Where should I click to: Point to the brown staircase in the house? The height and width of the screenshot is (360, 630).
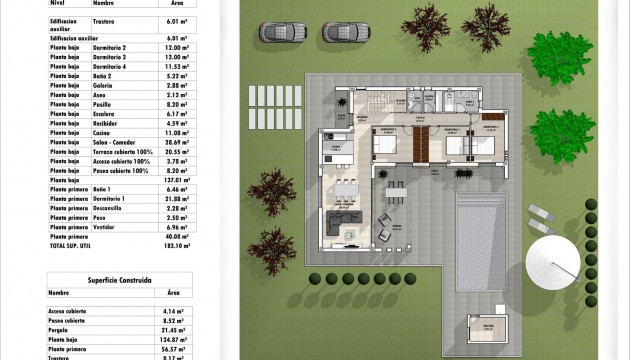pyautogui.click(x=423, y=144)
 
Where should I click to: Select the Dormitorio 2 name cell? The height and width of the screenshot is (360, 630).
pyautogui.click(x=111, y=48)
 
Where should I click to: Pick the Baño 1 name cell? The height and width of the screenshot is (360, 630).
pyautogui.click(x=103, y=188)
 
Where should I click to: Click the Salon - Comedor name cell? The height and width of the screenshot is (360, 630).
pyautogui.click(x=115, y=142)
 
